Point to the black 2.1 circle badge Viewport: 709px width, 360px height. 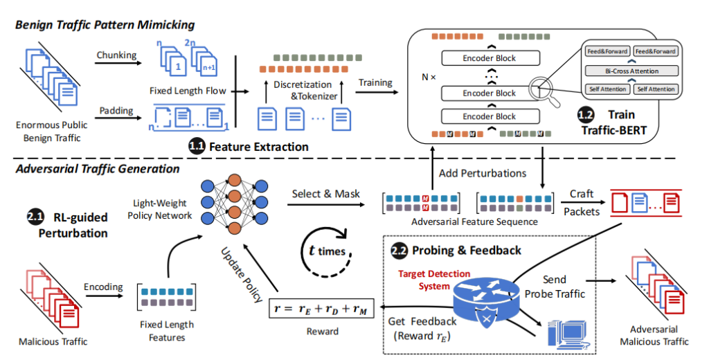tap(36, 218)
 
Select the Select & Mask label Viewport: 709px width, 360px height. tap(325, 194)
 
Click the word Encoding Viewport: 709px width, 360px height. tap(103, 287)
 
